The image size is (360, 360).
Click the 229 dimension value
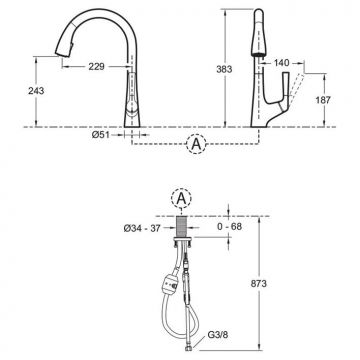point(96,67)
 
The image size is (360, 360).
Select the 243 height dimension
point(36,90)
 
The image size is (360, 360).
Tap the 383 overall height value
point(224,69)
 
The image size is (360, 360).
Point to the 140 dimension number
point(282,63)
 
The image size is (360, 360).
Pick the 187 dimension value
point(322,100)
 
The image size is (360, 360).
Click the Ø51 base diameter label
point(100,135)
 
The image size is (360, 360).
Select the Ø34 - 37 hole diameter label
point(142,228)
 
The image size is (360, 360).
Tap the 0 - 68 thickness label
point(228,227)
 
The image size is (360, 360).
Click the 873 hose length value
point(258,284)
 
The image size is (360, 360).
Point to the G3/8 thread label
point(218,334)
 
